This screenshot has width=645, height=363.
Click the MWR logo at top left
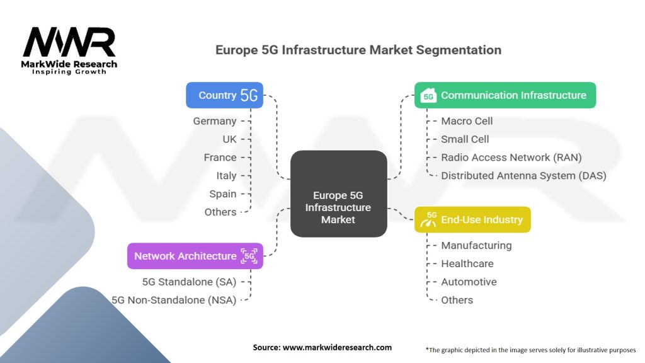[x=69, y=50]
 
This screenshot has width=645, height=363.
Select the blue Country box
[x=225, y=95]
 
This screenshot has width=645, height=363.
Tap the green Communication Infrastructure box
[x=505, y=95]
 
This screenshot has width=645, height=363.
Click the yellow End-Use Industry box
[x=472, y=219]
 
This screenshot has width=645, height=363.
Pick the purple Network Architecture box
[x=195, y=256]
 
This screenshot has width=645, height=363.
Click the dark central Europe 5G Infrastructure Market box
[x=338, y=193]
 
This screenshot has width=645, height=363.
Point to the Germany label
[x=215, y=122]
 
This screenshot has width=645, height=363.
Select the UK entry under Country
[x=229, y=139]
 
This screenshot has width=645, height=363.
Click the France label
[x=220, y=158]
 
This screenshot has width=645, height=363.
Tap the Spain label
[x=223, y=194]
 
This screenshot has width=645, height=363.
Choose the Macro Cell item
[x=467, y=121]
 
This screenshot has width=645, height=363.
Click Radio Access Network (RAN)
[x=511, y=158]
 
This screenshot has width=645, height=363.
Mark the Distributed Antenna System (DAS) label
[x=523, y=176]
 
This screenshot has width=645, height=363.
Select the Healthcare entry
[x=467, y=264]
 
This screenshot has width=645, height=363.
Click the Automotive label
[x=469, y=282]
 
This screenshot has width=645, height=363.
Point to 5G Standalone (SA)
[x=189, y=282]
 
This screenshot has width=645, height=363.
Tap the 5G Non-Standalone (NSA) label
[x=174, y=300]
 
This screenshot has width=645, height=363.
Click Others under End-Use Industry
[x=457, y=300]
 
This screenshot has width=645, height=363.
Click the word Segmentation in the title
[x=459, y=50]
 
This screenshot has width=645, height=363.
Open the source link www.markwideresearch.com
[x=338, y=347]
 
